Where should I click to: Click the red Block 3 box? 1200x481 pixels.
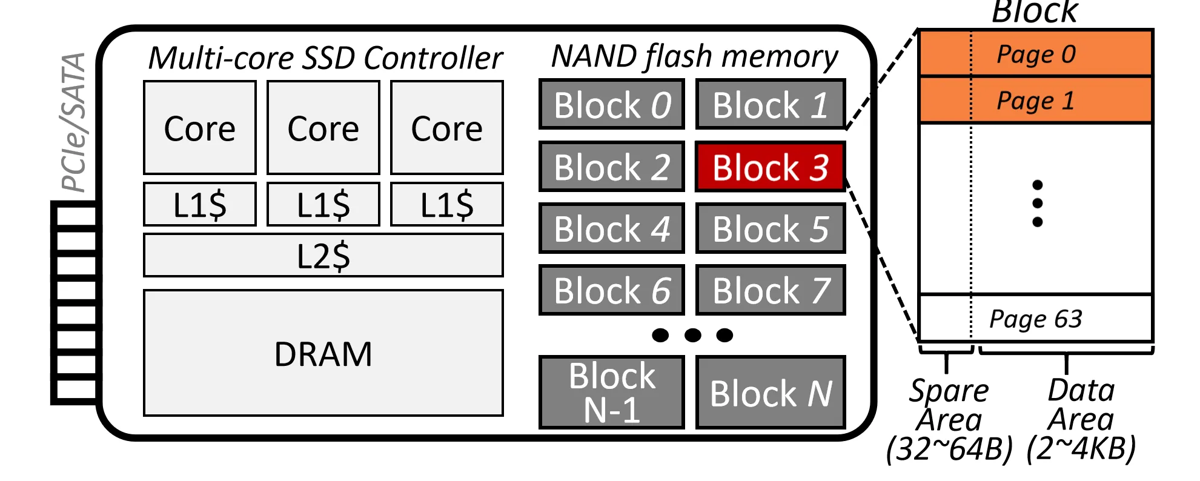coord(770,167)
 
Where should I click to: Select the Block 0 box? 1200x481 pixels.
coord(611,105)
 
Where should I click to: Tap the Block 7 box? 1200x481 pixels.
coord(770,290)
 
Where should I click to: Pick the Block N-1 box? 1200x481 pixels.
coord(611,393)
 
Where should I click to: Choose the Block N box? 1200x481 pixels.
coord(770,393)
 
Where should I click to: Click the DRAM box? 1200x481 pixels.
coord(323,353)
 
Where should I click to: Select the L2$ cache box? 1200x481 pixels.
coord(323,255)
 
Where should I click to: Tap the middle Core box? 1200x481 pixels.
coord(323,128)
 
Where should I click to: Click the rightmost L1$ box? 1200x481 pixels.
coord(446,204)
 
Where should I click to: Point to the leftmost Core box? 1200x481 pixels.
coord(199,128)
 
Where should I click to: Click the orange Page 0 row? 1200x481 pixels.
coord(1035,53)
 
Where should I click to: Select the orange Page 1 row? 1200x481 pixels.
coord(1035,100)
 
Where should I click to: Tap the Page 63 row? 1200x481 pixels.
coord(1035,318)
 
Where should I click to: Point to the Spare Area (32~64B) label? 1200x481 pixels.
coord(949,419)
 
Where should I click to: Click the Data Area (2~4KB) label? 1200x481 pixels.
coord(1081,419)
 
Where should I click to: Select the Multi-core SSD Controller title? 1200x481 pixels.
coord(325,58)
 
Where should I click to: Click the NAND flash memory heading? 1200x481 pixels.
coord(694,56)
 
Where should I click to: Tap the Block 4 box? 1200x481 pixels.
coord(611,229)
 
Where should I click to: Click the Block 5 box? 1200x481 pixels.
coord(770,229)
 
